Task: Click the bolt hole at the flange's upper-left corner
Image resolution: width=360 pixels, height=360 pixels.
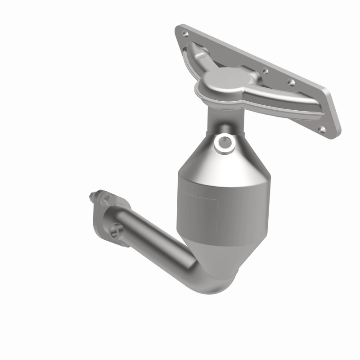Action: point(184,33)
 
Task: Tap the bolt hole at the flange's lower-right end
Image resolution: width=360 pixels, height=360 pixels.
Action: point(322,129)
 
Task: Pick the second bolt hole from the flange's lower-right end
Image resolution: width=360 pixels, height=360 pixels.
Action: point(291,82)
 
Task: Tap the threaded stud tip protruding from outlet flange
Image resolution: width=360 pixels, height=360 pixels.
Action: point(91,195)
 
